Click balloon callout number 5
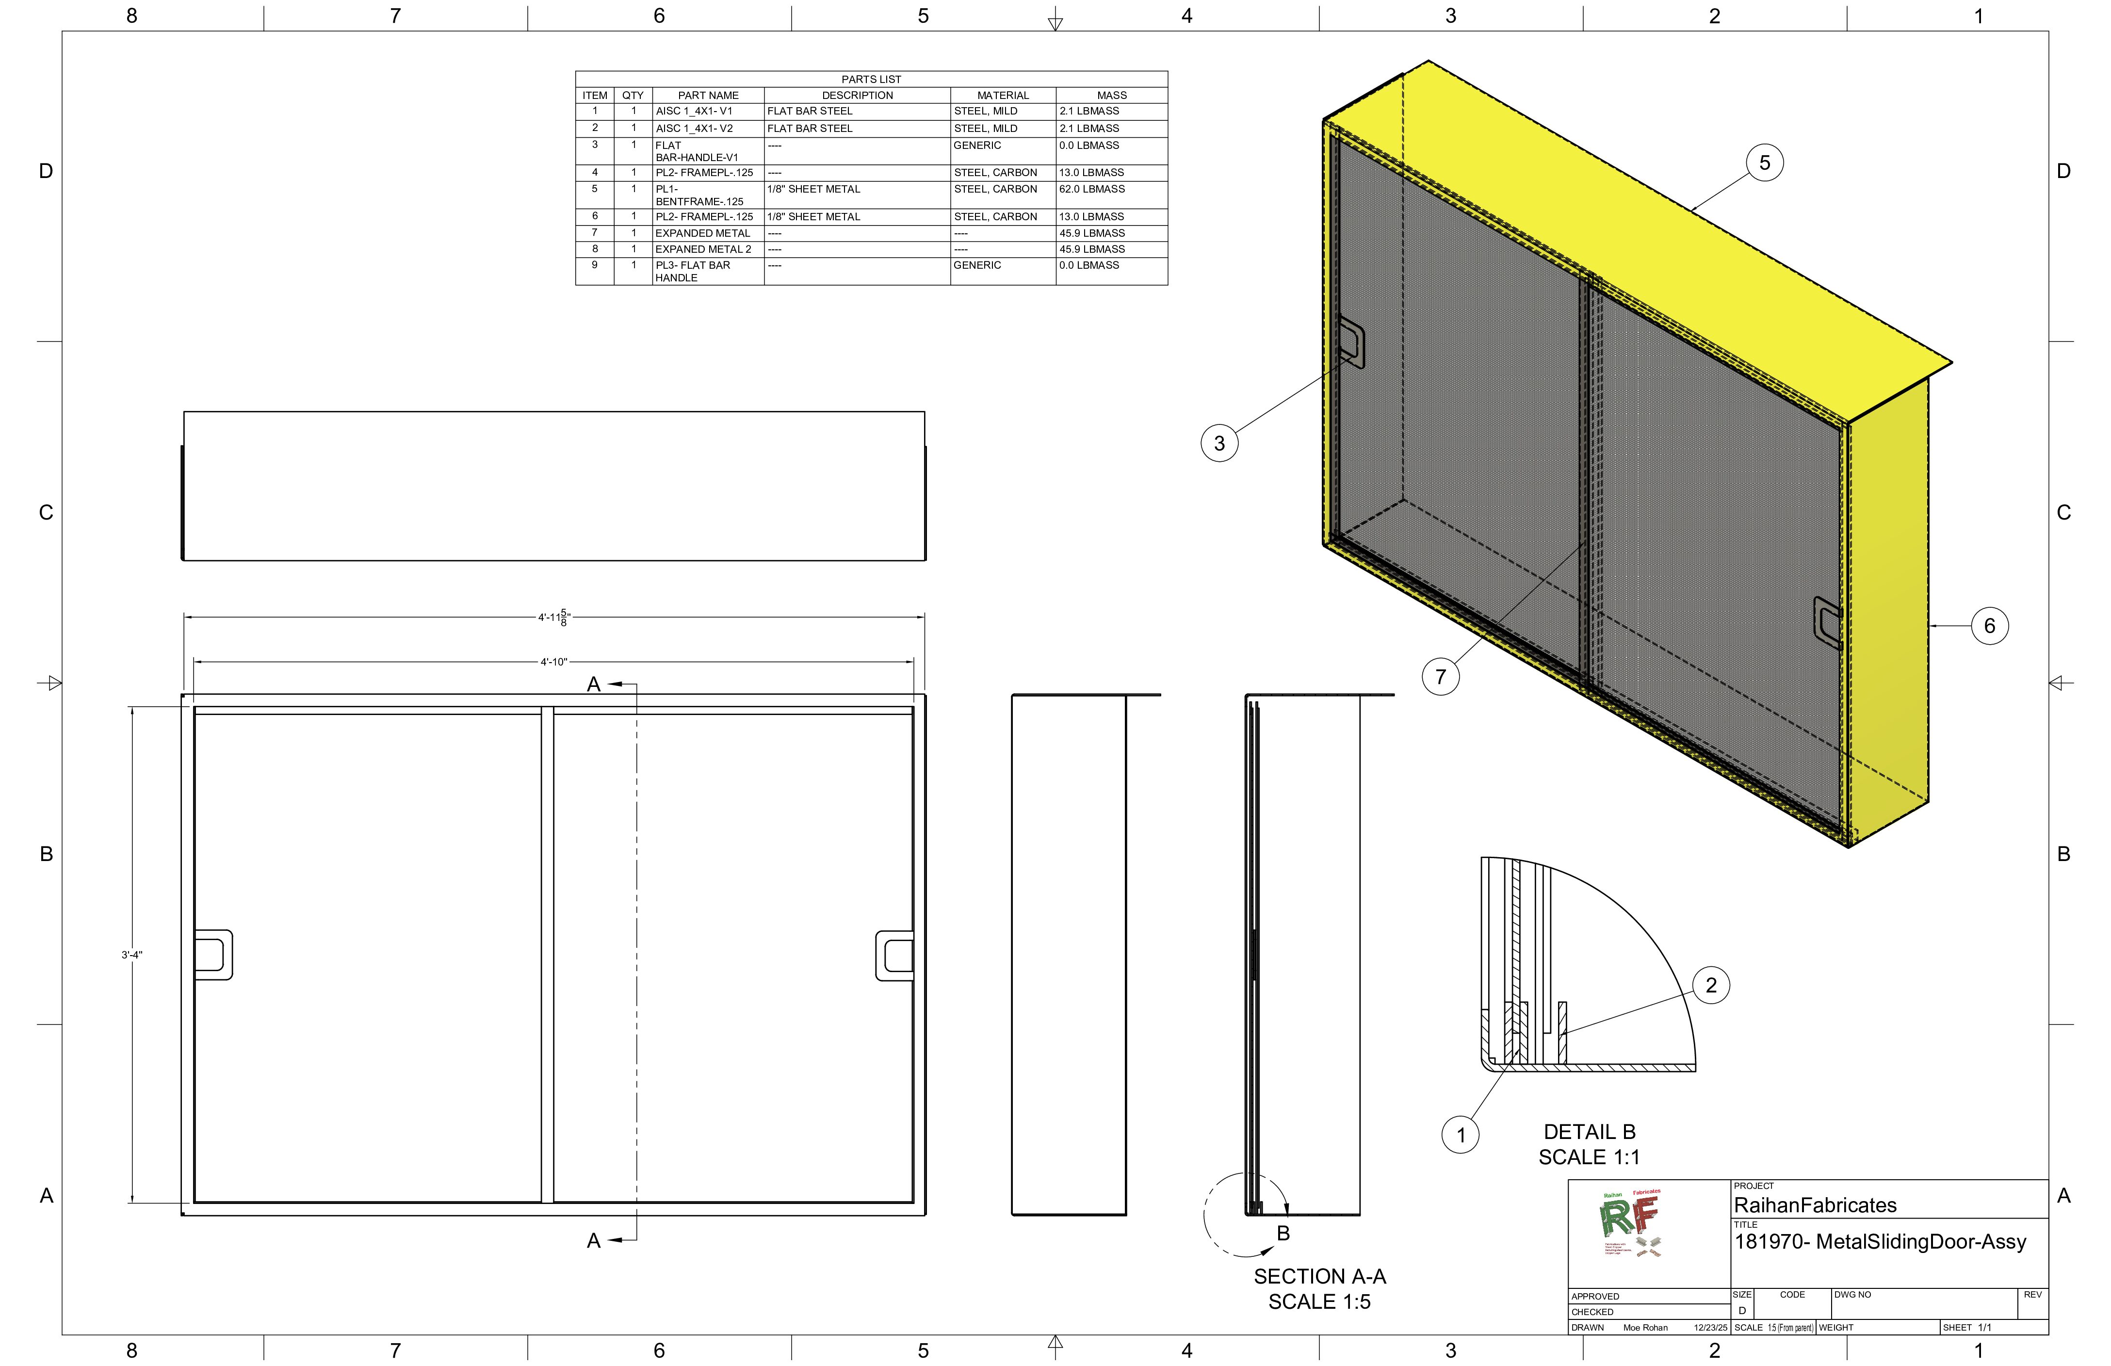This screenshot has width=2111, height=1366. click(1764, 163)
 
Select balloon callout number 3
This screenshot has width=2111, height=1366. click(1218, 443)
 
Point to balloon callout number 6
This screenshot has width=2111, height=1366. click(1989, 626)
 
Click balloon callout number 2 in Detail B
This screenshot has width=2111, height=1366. click(1711, 986)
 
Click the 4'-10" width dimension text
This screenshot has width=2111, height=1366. click(553, 662)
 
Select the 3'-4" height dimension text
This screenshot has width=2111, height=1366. click(132, 955)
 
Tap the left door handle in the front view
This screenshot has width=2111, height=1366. click(213, 955)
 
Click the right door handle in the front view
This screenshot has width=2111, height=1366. click(894, 955)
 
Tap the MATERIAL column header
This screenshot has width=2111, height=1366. click(1002, 96)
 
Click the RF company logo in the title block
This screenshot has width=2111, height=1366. click(1632, 1224)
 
